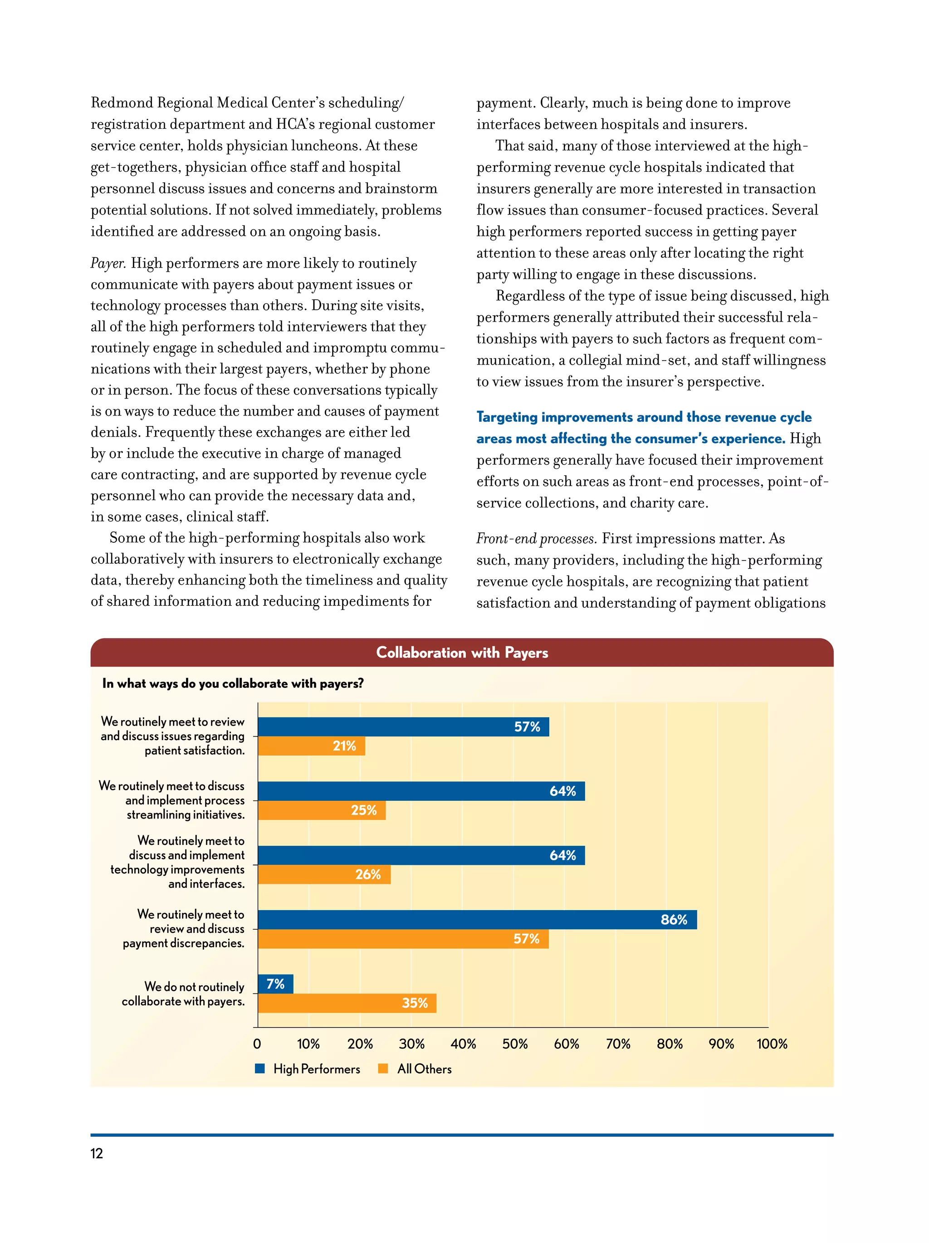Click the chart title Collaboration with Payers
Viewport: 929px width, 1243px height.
461,653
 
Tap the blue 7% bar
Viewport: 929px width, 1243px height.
275,984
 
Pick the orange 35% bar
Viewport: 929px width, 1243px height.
347,1003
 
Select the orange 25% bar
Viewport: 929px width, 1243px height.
322,810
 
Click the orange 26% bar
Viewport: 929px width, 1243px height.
324,874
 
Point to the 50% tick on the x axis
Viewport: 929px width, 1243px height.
514,1044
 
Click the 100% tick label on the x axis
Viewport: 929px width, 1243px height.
772,1044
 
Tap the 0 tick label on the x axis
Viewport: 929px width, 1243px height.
257,1044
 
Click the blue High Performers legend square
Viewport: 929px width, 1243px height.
259,1068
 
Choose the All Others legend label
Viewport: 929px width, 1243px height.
424,1069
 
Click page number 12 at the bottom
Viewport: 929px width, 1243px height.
97,1154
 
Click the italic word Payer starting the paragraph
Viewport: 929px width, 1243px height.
108,263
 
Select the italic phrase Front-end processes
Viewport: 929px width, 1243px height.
536,539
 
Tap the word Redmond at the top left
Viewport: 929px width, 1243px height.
122,103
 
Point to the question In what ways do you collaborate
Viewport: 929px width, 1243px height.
233,683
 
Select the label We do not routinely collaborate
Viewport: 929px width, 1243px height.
183,994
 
